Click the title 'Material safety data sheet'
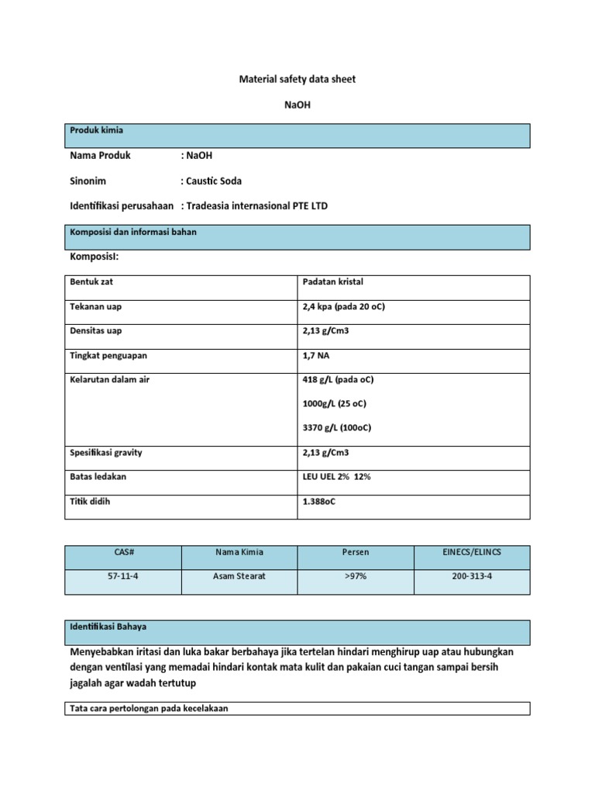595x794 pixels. [x=297, y=80]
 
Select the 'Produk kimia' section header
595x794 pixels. [x=97, y=130]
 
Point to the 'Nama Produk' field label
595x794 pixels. [x=100, y=155]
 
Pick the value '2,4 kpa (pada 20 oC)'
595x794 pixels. [x=344, y=307]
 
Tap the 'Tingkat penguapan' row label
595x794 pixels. [x=108, y=356]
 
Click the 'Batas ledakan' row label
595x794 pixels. [x=98, y=477]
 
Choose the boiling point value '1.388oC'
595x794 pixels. [x=320, y=502]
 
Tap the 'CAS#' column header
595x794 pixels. [x=122, y=552]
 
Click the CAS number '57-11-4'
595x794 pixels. [x=122, y=577]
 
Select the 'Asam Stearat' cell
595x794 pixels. [x=239, y=577]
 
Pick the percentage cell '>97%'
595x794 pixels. [x=356, y=577]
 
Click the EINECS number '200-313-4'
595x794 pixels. [x=473, y=577]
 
